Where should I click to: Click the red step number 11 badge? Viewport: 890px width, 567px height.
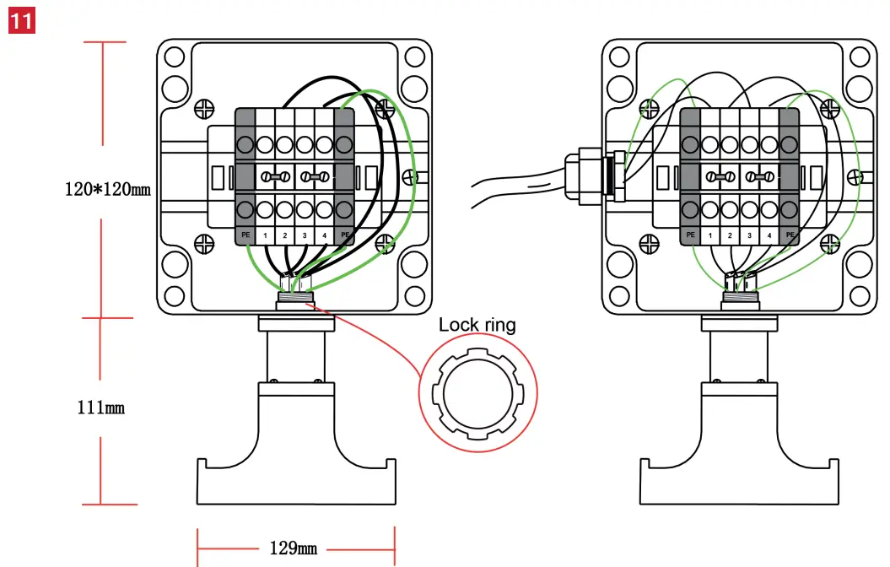point(21,19)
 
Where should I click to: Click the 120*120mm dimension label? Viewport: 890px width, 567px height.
point(107,188)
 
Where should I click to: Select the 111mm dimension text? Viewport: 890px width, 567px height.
point(100,408)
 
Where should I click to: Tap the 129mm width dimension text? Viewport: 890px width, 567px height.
point(293,548)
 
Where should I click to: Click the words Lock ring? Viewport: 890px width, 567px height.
point(477,325)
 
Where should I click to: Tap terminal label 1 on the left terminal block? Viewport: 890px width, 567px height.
point(266,235)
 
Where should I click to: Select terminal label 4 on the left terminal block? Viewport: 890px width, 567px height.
point(324,235)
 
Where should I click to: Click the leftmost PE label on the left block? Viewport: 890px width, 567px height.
point(245,235)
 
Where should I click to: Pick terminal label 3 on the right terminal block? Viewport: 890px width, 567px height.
point(749,235)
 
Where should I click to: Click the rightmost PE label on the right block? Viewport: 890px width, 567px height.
point(790,235)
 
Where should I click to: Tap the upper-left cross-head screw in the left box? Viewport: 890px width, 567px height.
point(203,108)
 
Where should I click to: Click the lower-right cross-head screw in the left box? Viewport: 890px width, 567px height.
point(386,243)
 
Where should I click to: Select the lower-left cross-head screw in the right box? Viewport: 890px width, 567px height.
point(649,243)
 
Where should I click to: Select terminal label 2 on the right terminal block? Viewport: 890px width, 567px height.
point(730,235)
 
